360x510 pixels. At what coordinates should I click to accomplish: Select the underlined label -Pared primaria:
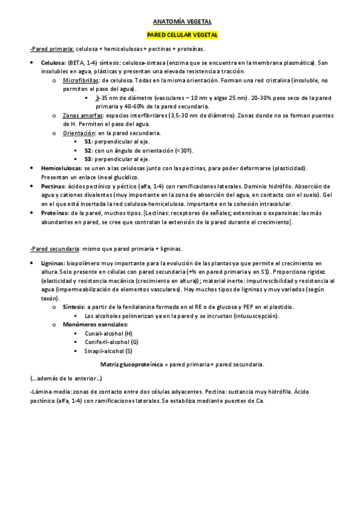click(x=51, y=49)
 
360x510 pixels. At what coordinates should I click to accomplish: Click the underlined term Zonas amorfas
click(x=82, y=115)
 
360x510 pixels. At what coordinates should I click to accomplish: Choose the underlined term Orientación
click(x=79, y=132)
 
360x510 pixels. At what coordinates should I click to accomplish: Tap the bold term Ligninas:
click(x=53, y=263)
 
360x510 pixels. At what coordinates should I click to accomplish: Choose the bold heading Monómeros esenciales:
click(x=90, y=325)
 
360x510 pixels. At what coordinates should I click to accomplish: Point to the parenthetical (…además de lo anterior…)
click(x=66, y=379)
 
